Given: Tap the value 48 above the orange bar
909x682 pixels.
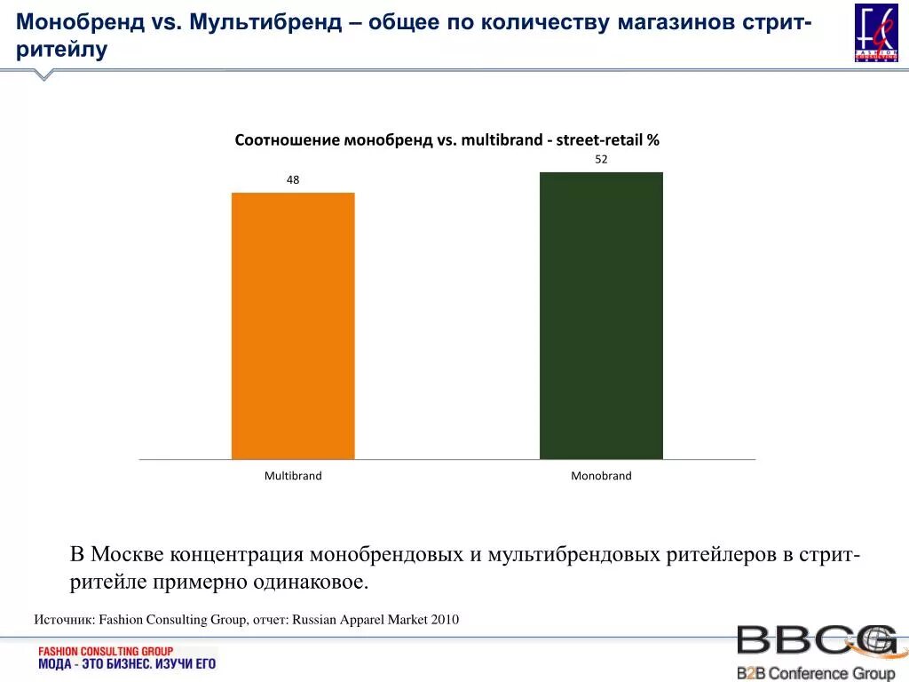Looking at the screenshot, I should click(293, 179).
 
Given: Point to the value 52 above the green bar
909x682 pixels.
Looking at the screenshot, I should click(601, 159).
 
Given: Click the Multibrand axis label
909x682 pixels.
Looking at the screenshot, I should click(293, 476).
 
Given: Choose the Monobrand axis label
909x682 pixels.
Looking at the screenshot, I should click(601, 476).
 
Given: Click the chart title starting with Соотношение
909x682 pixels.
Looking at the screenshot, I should click(447, 140).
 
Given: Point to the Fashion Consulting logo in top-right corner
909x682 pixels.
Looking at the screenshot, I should click(875, 33).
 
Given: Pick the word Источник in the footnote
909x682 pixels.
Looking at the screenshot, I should click(63, 620).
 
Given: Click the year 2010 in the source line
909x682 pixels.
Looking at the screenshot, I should click(445, 620).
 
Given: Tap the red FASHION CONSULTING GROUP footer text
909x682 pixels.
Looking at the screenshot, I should click(106, 651).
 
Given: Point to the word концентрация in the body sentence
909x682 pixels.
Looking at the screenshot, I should click(235, 555).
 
